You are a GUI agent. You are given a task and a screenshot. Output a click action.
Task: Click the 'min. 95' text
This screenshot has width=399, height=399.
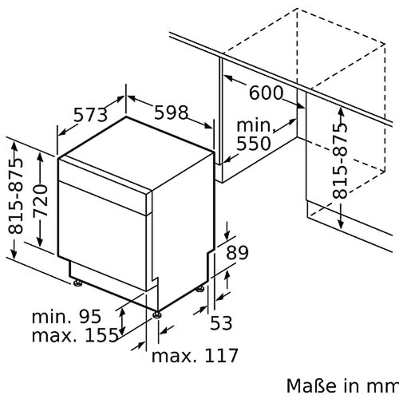(68, 317)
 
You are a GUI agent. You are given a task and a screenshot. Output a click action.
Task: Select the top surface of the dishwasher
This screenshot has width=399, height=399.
(136, 148)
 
